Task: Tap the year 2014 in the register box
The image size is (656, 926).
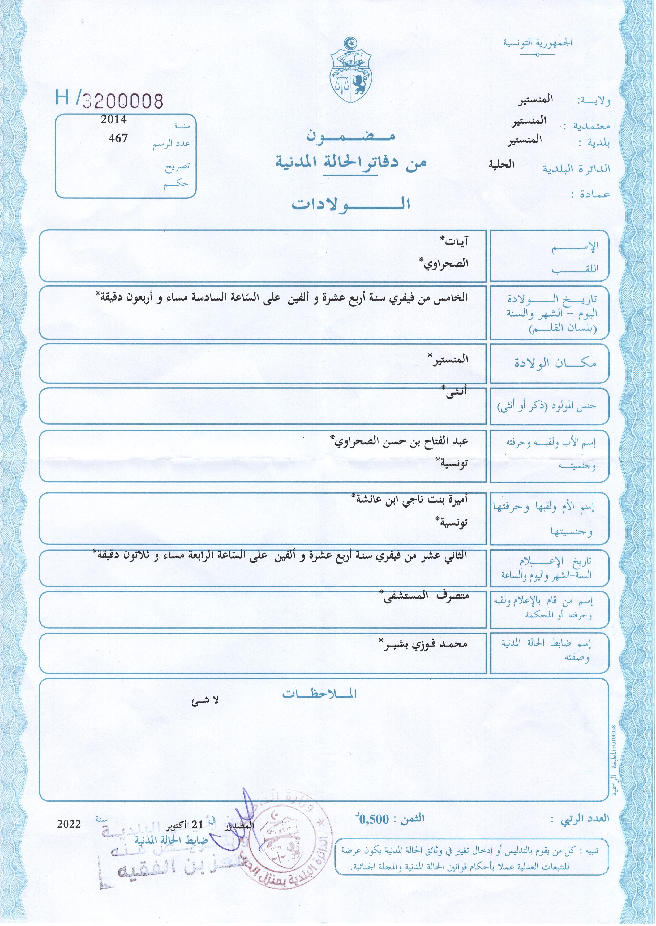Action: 114,120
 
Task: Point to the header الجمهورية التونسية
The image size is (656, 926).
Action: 537,43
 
